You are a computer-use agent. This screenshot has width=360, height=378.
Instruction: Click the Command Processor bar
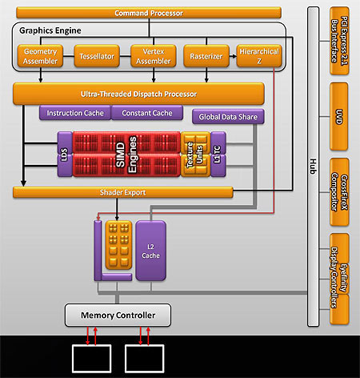[149, 13]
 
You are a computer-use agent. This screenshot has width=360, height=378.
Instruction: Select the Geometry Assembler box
[40, 56]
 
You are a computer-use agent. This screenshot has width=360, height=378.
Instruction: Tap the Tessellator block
[97, 56]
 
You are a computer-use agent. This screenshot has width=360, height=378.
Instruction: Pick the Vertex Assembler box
[154, 56]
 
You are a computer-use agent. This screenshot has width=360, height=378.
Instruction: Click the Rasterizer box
[206, 56]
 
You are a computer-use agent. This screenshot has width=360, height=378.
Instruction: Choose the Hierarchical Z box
[259, 56]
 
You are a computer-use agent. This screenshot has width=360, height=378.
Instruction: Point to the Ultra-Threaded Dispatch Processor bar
[138, 94]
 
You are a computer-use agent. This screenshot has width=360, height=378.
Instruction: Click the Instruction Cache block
[75, 113]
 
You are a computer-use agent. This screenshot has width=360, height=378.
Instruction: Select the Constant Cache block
[147, 113]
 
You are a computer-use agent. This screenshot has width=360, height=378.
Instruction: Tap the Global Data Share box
[228, 117]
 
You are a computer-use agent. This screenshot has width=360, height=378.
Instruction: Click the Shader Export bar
[123, 192]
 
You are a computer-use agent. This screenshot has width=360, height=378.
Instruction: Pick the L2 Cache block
[150, 251]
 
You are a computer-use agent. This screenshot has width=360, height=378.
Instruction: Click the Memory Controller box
[118, 315]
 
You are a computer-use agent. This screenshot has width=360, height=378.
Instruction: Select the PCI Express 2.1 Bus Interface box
[339, 41]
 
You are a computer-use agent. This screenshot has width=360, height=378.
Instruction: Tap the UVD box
[339, 117]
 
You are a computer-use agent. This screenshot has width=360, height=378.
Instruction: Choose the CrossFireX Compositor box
[339, 192]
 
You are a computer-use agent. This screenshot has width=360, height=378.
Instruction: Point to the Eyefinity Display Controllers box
[339, 279]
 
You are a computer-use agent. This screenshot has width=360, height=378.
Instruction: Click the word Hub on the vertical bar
[314, 167]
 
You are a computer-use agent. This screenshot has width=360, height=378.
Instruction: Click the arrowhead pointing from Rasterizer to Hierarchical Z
[234, 56]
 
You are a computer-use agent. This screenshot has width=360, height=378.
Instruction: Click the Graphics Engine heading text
[50, 30]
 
